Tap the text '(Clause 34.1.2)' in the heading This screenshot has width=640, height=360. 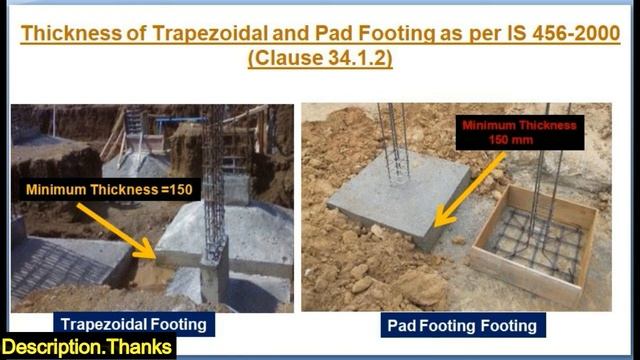pos(319,60)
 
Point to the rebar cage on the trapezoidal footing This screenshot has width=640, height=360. pos(214,180)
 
